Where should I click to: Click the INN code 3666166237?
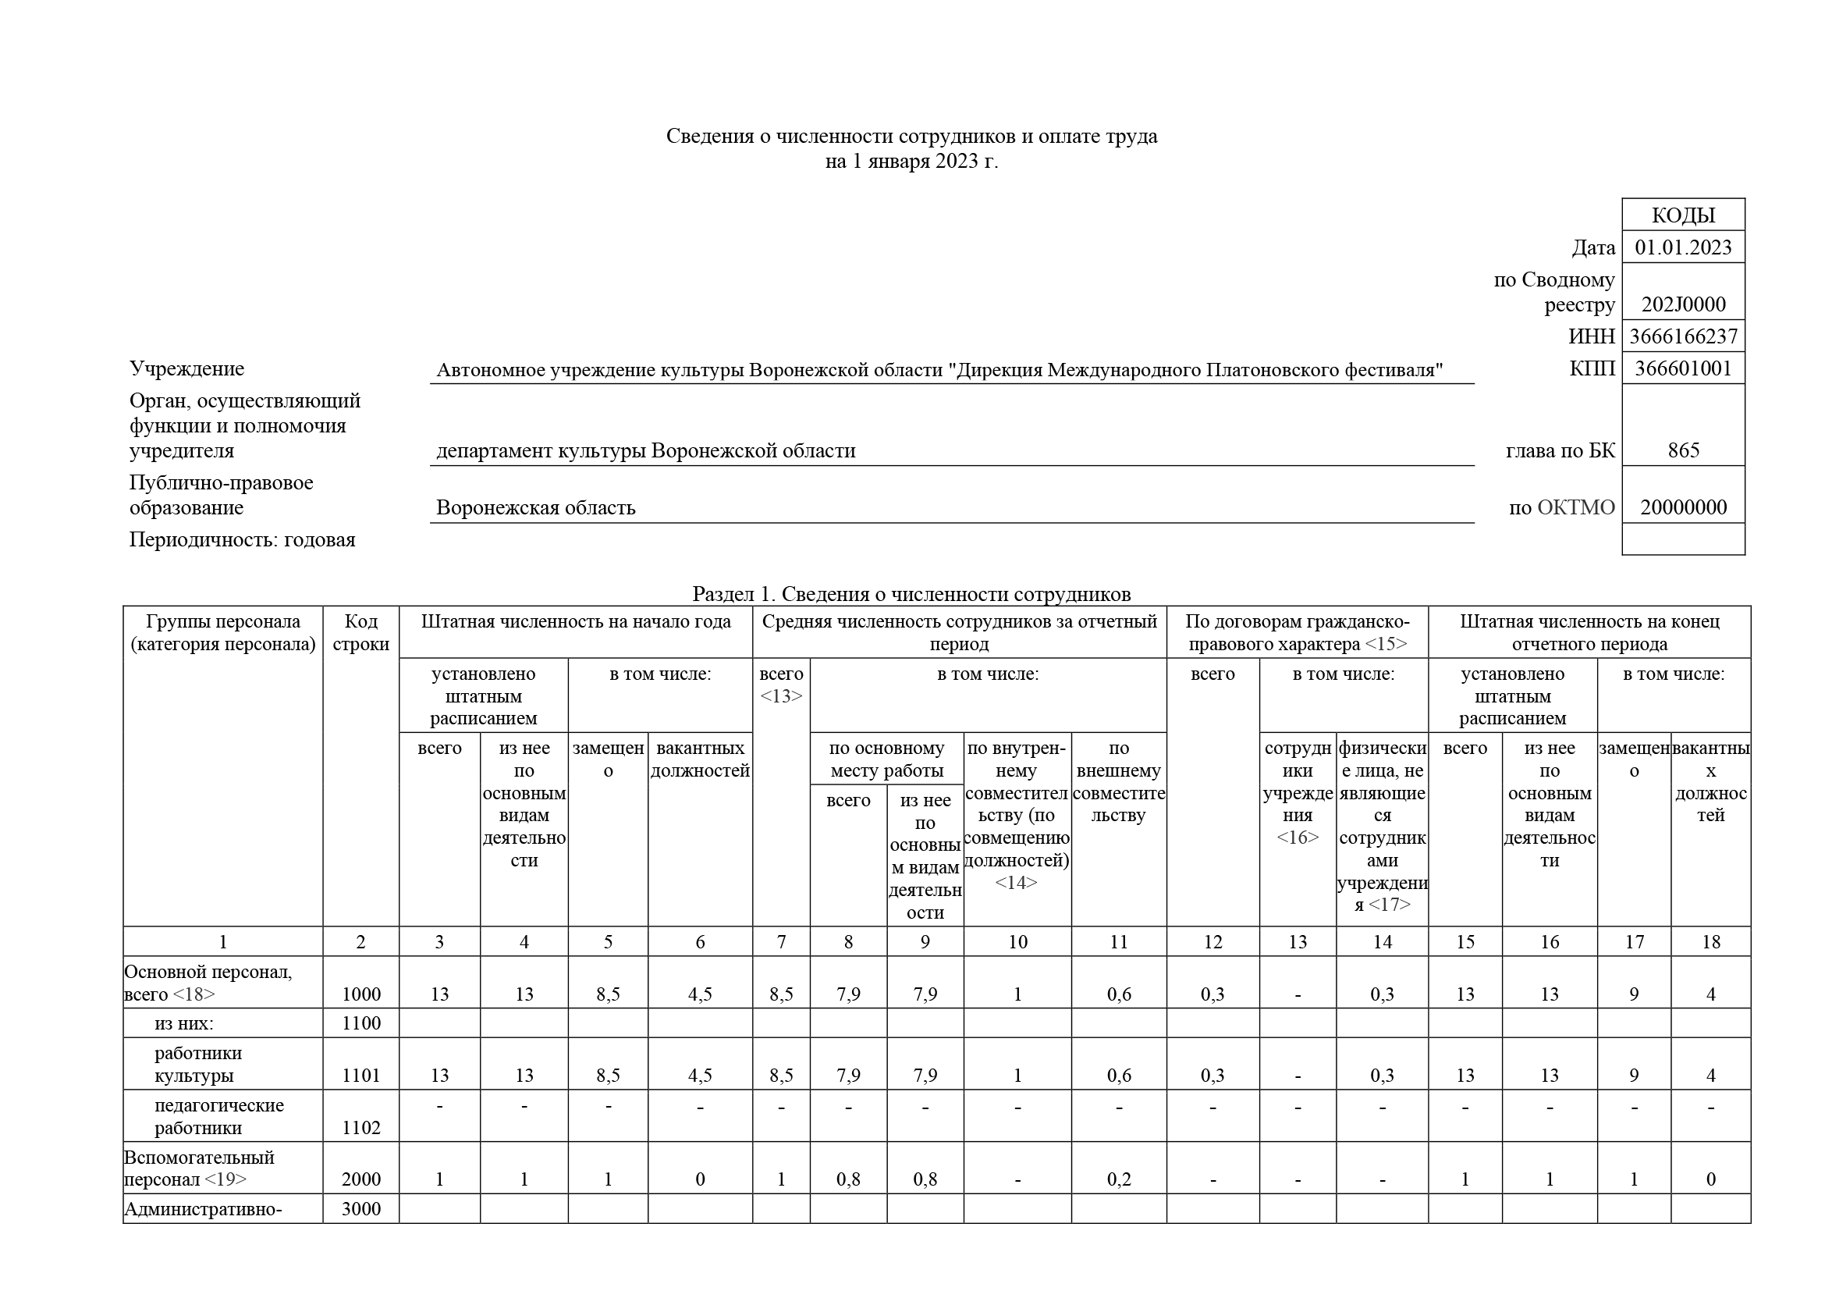point(1683,336)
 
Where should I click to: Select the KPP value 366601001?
point(1683,369)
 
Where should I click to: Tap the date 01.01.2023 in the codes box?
point(1683,247)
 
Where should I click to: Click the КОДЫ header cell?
point(1683,215)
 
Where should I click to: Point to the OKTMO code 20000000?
point(1683,507)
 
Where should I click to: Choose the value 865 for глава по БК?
point(1683,450)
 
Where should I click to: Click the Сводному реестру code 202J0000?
point(1683,304)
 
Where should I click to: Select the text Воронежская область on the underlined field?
point(536,507)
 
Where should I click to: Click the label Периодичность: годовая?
point(243,540)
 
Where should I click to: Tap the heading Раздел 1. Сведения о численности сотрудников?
point(911,594)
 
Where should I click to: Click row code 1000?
point(361,994)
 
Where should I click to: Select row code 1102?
point(361,1127)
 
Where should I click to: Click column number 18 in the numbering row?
point(1710,942)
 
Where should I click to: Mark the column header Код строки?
point(361,633)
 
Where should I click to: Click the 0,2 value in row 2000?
point(1118,1179)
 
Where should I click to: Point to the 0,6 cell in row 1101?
point(1118,1076)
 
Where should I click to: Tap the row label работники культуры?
point(197,1065)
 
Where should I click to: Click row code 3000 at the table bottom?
point(361,1209)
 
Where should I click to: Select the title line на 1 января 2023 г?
point(911,162)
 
